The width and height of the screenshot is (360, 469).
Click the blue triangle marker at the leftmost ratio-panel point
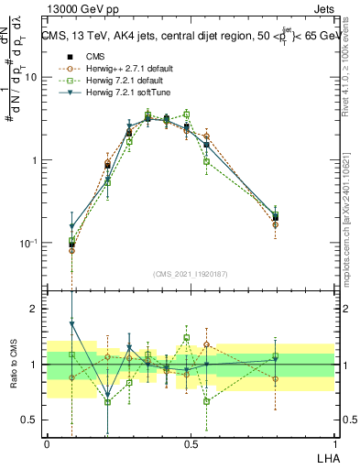72,323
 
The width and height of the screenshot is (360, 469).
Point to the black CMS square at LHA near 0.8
276,217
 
